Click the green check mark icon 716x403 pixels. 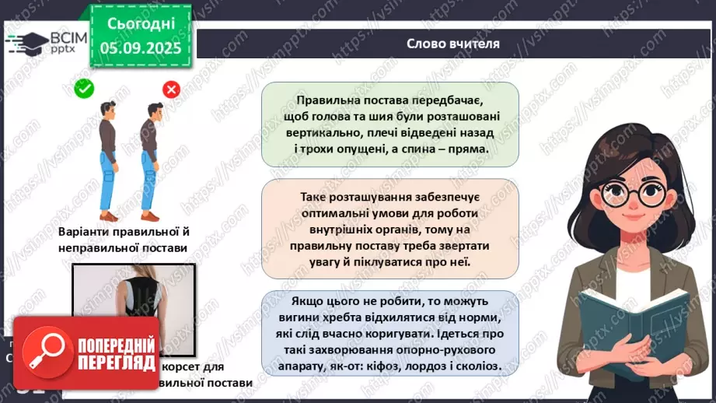84,89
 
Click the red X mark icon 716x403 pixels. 171,89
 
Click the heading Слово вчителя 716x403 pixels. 453,44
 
